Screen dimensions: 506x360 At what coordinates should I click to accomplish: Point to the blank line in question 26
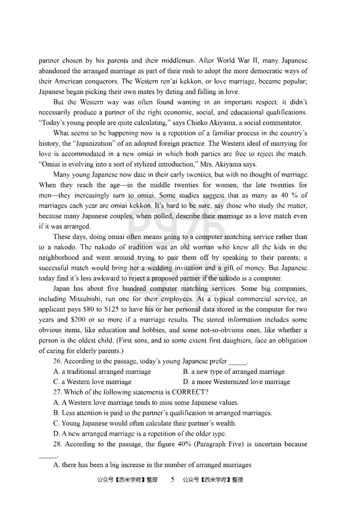point(238,362)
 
